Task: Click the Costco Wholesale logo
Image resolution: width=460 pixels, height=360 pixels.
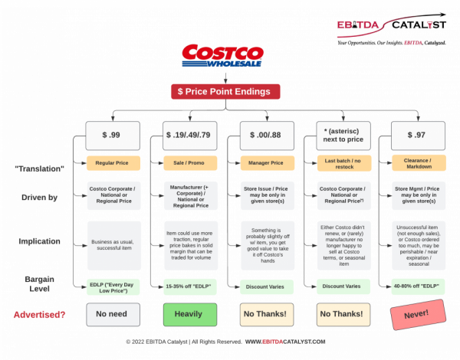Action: (222, 56)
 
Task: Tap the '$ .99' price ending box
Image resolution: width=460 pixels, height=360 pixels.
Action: (112, 135)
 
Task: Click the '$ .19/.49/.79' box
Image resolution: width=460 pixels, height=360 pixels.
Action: (189, 135)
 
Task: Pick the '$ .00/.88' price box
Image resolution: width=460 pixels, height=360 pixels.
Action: (266, 135)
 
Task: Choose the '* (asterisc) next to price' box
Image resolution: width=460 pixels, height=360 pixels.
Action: (342, 135)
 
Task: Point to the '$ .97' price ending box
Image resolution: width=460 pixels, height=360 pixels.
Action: (419, 135)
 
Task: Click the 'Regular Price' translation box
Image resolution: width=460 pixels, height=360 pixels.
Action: (112, 163)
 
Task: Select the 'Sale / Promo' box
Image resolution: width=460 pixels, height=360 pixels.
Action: (189, 163)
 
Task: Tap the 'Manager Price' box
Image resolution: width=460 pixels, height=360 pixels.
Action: (266, 163)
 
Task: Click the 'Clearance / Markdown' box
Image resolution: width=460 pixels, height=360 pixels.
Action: (419, 163)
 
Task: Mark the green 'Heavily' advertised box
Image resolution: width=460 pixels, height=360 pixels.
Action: (189, 314)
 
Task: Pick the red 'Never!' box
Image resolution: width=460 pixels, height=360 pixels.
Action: (419, 314)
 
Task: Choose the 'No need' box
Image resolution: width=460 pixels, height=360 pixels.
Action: (112, 314)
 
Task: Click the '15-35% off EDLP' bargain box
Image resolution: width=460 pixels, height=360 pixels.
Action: (189, 287)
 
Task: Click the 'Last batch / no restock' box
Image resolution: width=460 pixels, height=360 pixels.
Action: (342, 163)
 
